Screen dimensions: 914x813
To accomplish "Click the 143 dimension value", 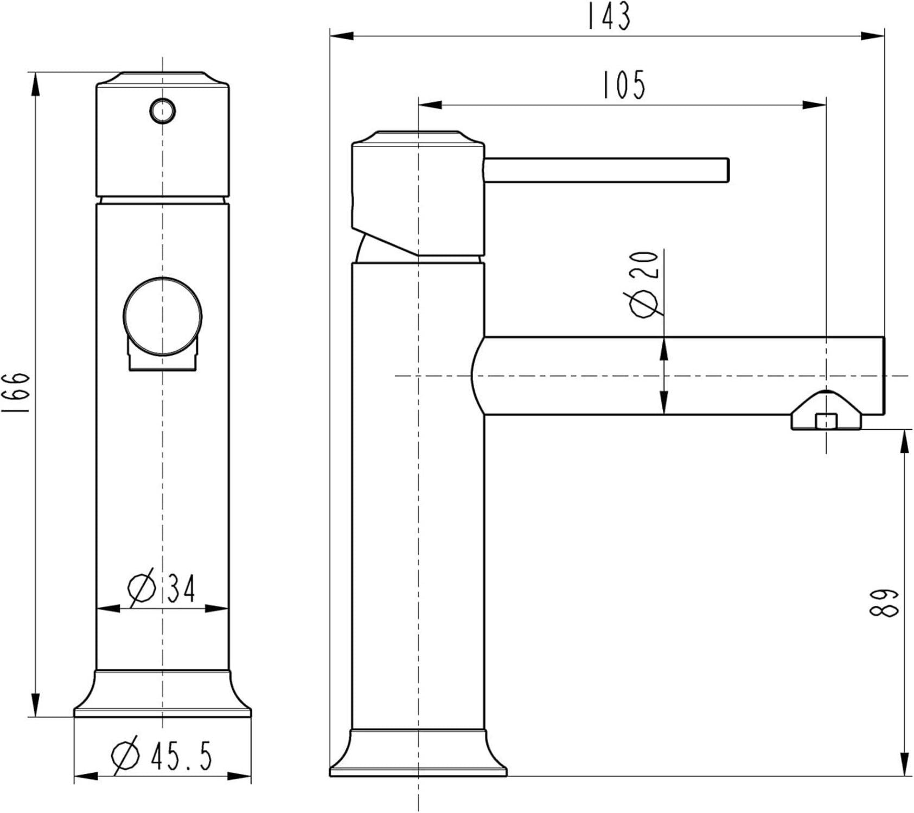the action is click(x=609, y=16).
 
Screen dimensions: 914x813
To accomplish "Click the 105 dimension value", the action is click(x=624, y=85).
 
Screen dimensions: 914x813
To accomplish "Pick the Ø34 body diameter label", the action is click(x=162, y=587).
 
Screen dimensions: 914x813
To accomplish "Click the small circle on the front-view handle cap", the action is click(x=162, y=111).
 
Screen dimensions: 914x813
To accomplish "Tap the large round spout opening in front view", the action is click(x=162, y=317).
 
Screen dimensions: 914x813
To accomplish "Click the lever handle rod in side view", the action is click(x=606, y=170).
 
